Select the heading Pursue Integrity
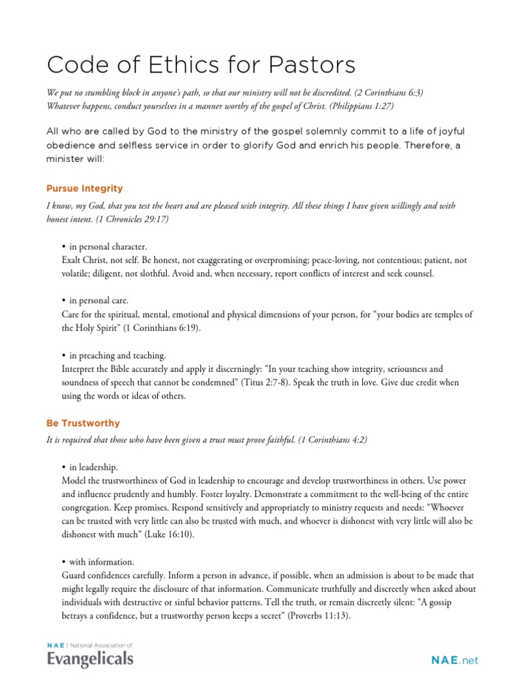(85, 188)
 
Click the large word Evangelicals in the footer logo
(90, 659)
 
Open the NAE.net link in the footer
(455, 660)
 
